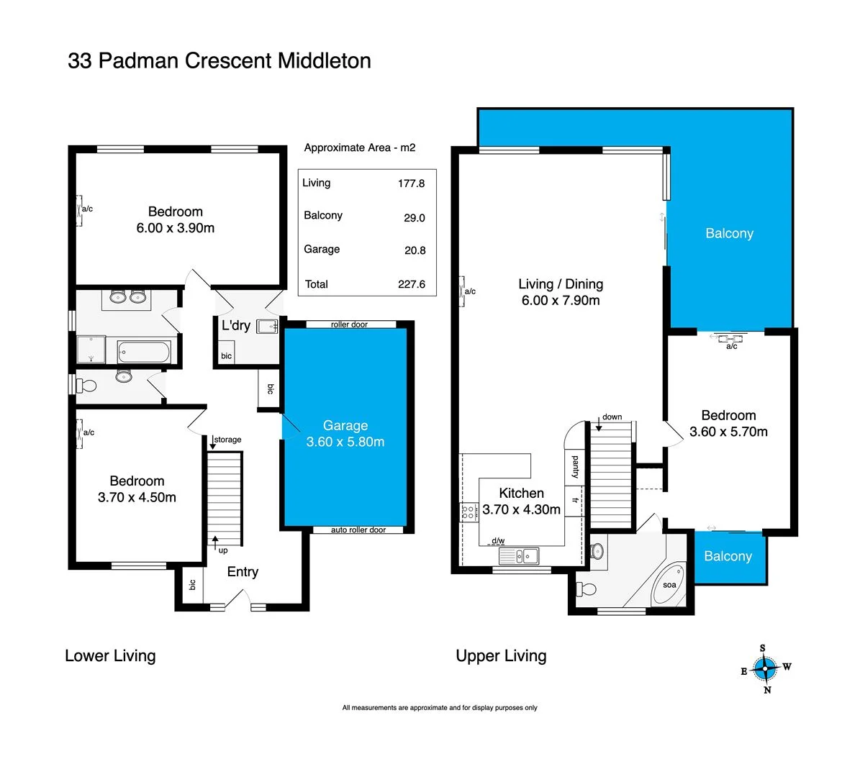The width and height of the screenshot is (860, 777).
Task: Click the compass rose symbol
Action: tap(766, 669)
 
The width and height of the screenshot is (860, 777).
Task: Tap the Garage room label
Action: tap(345, 426)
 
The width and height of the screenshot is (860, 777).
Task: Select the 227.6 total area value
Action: tap(412, 284)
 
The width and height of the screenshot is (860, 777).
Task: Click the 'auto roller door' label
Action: tap(358, 530)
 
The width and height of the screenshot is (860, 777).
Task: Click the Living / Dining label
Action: tap(561, 284)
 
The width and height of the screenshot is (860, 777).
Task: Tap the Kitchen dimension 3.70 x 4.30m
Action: tap(521, 509)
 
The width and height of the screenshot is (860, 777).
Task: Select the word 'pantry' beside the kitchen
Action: tap(575, 467)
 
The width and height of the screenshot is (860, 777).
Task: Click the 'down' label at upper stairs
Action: tap(612, 417)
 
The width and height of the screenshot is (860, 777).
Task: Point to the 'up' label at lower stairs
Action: tap(223, 550)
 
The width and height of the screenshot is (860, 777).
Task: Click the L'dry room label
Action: tap(236, 326)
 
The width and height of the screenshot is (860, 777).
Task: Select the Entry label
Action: tap(243, 572)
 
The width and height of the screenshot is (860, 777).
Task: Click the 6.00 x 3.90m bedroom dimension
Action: tap(176, 228)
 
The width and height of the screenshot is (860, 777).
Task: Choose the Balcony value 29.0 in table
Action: tap(415, 218)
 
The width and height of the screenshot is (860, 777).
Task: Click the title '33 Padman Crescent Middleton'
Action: tap(219, 60)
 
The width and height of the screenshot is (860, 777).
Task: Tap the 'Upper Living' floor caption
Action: tap(501, 656)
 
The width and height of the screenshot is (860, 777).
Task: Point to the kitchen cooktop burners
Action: tap(469, 513)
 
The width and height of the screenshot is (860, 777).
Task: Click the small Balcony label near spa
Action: tap(728, 556)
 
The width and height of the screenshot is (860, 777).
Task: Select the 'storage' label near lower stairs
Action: tap(227, 440)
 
